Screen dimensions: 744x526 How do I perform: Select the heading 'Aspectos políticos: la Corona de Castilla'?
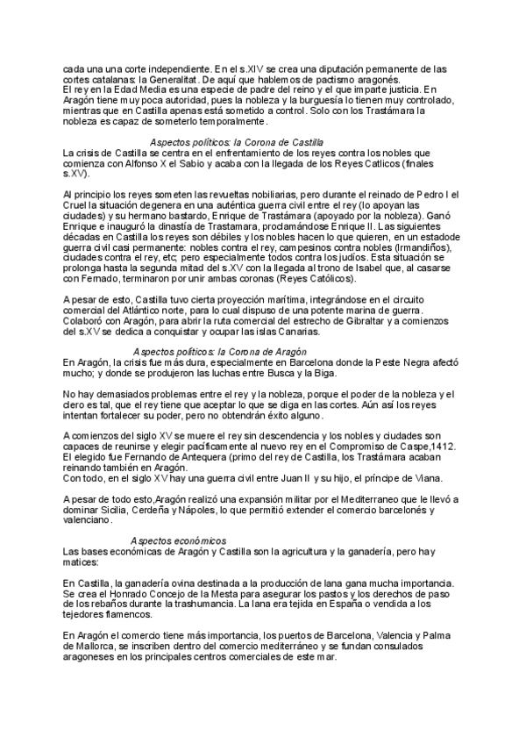(237, 141)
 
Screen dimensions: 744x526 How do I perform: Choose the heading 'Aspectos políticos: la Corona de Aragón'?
(218, 351)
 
